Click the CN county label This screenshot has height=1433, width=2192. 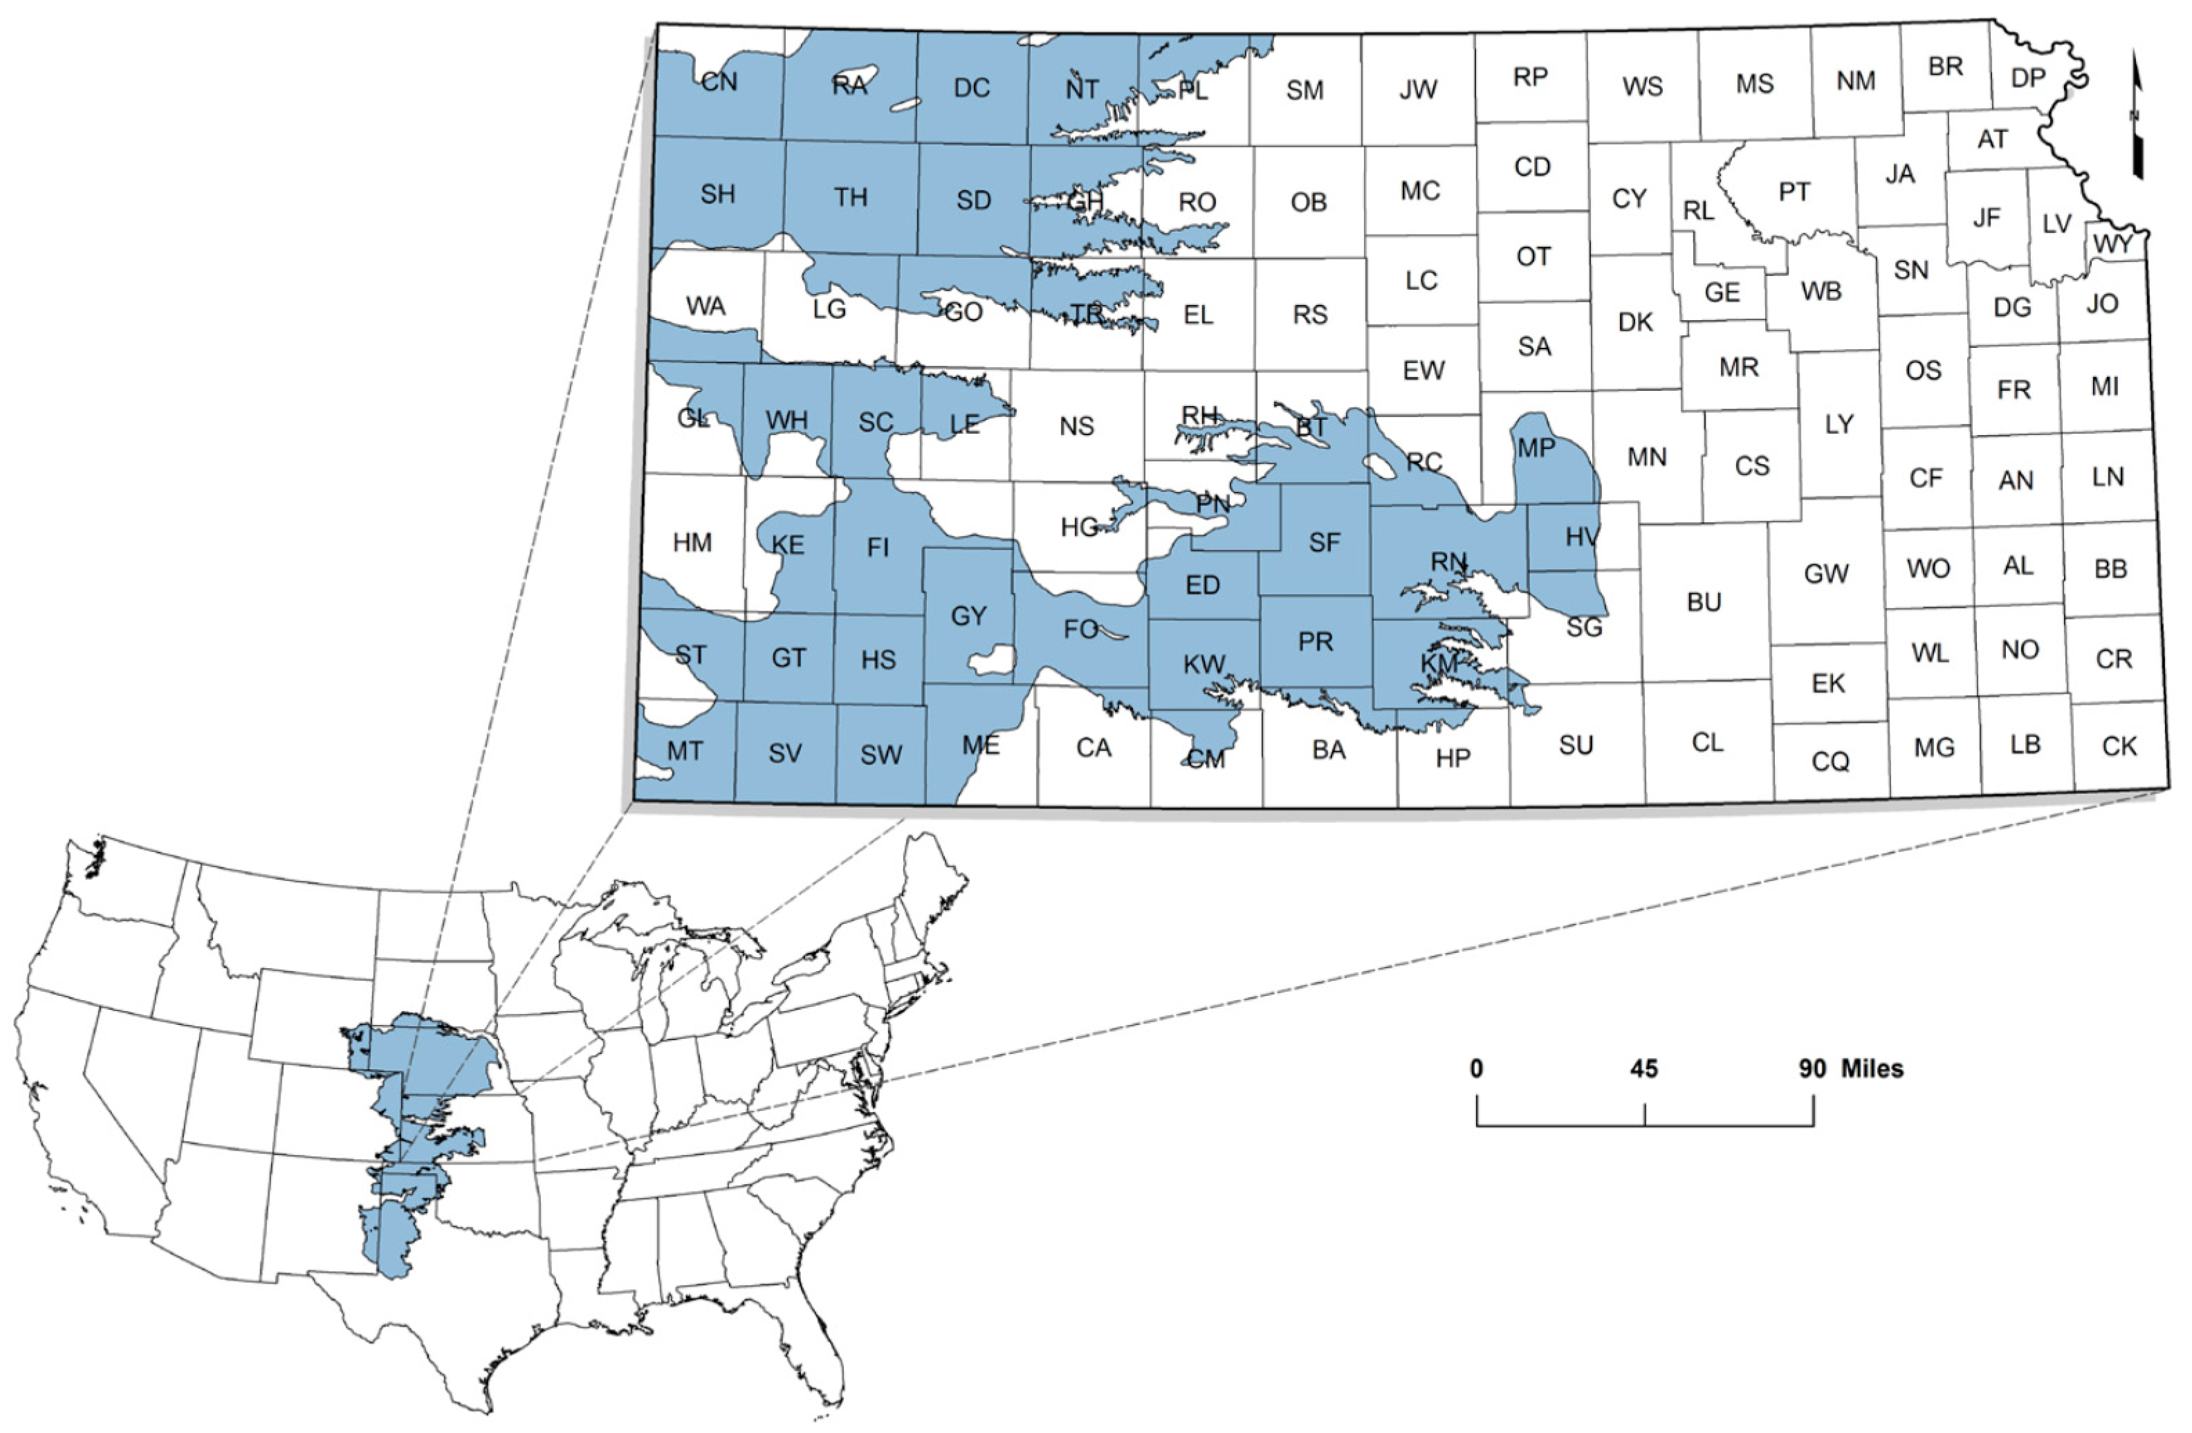719,82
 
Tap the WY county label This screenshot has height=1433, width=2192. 2112,244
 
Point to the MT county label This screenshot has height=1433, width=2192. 685,752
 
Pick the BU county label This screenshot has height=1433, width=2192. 1704,602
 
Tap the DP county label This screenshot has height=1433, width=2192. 2028,78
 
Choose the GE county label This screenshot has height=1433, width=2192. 1722,293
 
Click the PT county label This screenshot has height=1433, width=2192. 1793,192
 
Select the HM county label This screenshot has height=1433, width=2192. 692,542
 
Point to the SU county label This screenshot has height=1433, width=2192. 1576,745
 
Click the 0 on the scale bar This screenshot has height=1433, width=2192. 1476,1069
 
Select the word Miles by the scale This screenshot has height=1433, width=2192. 1872,1069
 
